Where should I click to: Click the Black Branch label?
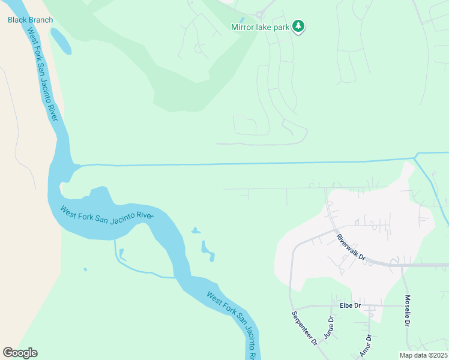coord(30,20)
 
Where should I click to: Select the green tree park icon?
coord(298,26)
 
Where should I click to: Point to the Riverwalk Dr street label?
coord(351,247)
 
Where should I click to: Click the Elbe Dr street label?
coord(349,305)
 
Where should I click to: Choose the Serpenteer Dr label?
coord(304,328)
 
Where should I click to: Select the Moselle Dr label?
coord(407,311)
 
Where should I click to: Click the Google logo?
coord(20,353)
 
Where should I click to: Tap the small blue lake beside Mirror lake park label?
coord(242,19)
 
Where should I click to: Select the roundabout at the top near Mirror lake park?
coord(259,14)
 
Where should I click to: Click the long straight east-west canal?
coord(240,163)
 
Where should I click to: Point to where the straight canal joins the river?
coord(77,166)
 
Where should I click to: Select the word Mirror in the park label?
coord(243,27)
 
